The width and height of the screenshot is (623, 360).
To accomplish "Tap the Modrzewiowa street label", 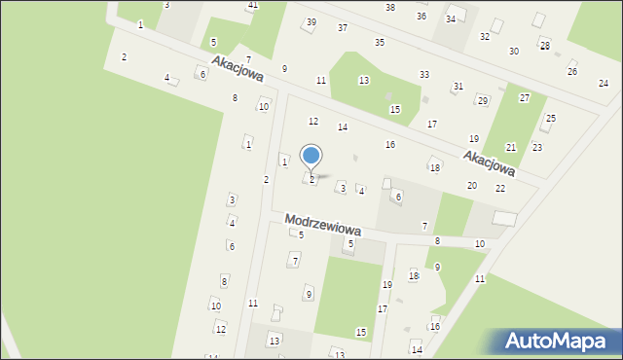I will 323,225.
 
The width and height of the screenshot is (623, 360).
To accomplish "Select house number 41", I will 252,6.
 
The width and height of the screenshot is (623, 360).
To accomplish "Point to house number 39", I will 311,22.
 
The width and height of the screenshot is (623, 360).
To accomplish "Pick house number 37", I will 343,27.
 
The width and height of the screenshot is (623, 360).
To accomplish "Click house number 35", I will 380,42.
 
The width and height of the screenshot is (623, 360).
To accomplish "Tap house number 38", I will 390,7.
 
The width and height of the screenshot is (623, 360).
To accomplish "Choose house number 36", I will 421,16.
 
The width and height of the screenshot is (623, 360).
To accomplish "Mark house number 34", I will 451,18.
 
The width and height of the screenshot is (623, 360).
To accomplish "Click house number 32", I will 485,36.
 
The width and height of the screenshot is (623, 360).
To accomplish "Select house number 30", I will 514,51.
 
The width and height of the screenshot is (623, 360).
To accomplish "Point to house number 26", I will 572,71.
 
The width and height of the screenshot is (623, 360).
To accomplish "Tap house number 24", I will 604,83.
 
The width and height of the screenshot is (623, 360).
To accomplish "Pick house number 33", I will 424,74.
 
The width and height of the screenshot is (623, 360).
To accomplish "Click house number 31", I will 458,87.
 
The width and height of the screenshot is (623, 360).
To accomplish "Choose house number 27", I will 525,97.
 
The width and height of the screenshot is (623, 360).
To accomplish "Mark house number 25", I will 550,119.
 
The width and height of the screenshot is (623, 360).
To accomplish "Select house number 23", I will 537,147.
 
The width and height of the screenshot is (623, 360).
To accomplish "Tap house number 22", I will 500,188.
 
